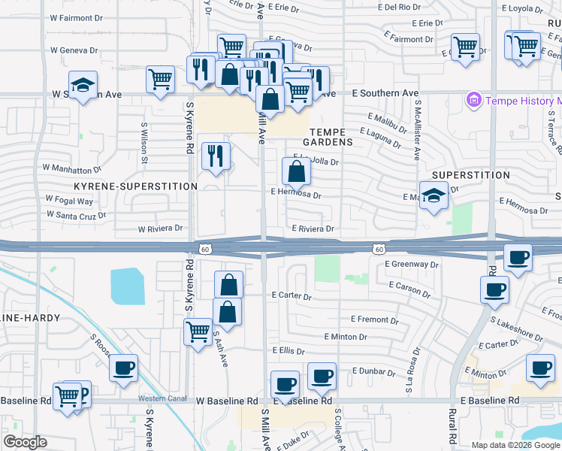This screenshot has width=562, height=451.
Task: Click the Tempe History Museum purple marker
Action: pos(473,100)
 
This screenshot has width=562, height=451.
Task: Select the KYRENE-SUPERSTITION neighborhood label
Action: pos(135,186)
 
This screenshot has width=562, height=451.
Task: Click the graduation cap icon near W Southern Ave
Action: pos(83,86)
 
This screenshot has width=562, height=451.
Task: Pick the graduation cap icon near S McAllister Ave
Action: pos(434,197)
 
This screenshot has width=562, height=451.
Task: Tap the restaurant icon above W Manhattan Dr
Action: pos(216,156)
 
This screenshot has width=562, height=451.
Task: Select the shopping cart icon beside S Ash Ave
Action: pos(198,331)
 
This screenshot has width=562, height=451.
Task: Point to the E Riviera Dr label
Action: pos(313,229)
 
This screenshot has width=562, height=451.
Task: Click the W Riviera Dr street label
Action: pos(160,229)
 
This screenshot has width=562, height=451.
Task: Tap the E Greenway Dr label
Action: pos(411,265)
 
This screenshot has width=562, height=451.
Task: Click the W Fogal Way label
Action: pos(69,201)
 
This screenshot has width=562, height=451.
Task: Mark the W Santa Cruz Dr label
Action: pos(76,214)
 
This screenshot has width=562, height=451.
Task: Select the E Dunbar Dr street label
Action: pos(371,371)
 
